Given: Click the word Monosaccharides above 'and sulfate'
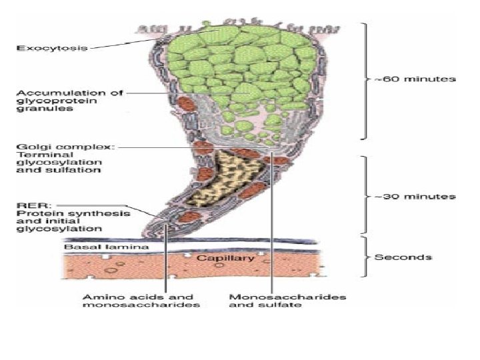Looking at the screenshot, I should tap(287, 297).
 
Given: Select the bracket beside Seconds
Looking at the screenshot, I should tap(365, 256).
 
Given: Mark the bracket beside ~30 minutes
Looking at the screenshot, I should tap(365, 197).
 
